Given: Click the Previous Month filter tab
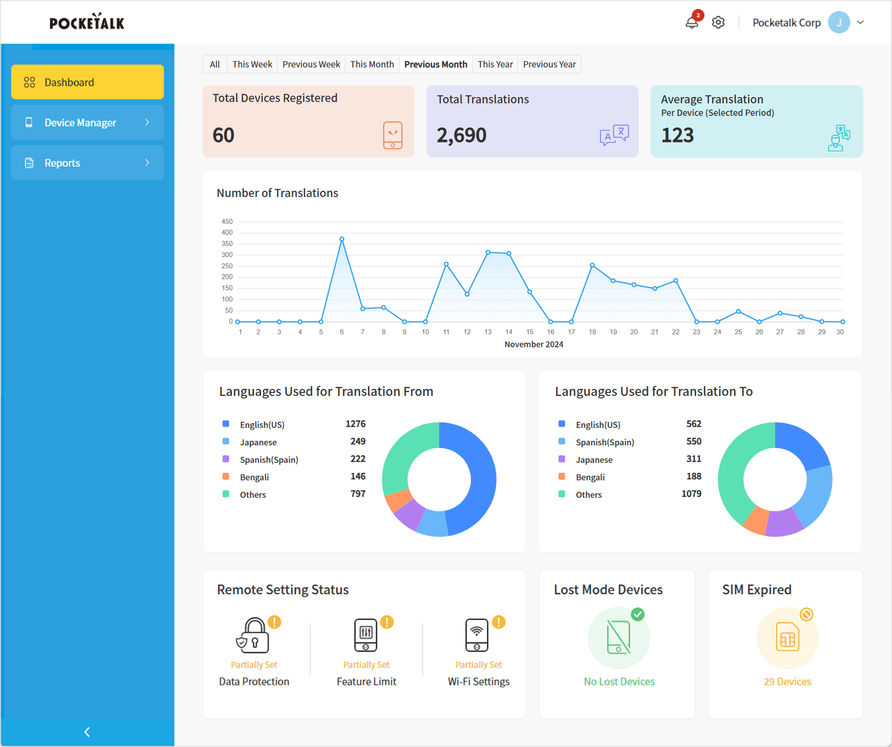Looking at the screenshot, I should pyautogui.click(x=435, y=64).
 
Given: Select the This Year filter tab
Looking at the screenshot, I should pyautogui.click(x=495, y=64).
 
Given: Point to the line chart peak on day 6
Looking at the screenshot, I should pyautogui.click(x=342, y=239).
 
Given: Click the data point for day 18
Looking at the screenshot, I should pyautogui.click(x=592, y=265).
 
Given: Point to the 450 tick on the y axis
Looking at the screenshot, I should pyautogui.click(x=227, y=221).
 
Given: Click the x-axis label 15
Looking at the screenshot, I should pyautogui.click(x=530, y=332).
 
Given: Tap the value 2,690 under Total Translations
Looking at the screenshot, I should pyautogui.click(x=461, y=135).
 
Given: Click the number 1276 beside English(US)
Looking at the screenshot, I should pyautogui.click(x=355, y=424).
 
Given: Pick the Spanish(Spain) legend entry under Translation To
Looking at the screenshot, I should pyautogui.click(x=605, y=442).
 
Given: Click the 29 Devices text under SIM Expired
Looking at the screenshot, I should pyautogui.click(x=787, y=682).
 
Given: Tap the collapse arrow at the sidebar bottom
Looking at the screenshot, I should pyautogui.click(x=87, y=732).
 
